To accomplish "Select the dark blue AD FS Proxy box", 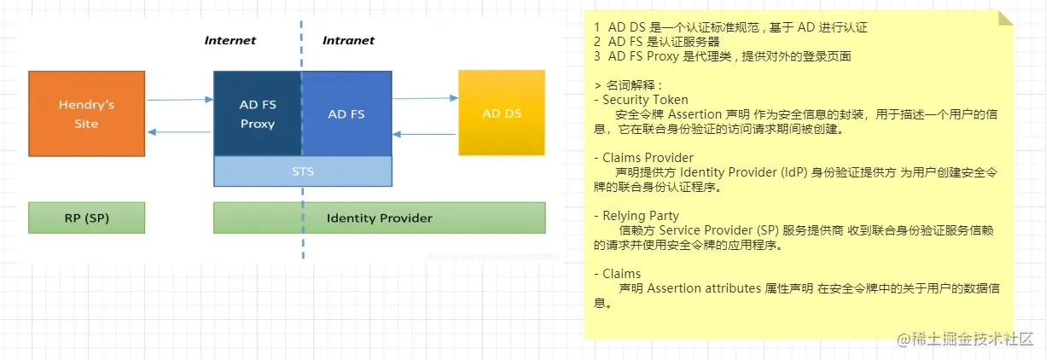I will (x=257, y=113).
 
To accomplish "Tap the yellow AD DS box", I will (x=501, y=113).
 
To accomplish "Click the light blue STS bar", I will (x=303, y=171).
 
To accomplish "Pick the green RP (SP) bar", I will (x=86, y=218).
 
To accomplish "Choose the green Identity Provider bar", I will (x=379, y=218).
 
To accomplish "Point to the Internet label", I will (x=230, y=40).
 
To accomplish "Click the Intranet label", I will (x=348, y=40).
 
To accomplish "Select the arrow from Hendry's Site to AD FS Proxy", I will (x=179, y=100).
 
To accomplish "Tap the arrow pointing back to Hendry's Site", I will (x=179, y=132).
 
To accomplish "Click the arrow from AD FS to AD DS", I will (x=425, y=99).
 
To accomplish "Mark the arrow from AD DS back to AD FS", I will (x=425, y=134).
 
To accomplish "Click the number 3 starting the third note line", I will (x=597, y=56).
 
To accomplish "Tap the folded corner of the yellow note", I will (x=1005, y=19).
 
